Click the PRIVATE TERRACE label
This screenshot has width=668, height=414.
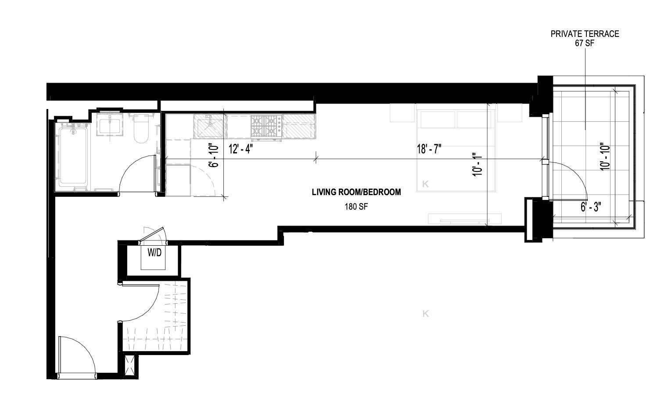(585, 34)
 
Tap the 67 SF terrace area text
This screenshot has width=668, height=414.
(585, 43)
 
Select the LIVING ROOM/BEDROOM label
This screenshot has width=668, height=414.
(356, 192)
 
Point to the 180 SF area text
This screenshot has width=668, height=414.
(356, 207)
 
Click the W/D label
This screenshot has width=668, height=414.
(154, 253)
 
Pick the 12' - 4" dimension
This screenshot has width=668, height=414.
(241, 149)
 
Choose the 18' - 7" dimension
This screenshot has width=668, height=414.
(429, 149)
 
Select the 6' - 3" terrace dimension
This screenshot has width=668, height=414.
(591, 207)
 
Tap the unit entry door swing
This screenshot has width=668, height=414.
(79, 352)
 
